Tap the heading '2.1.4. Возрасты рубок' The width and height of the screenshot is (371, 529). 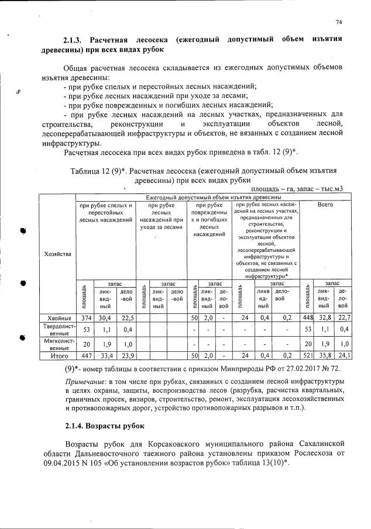[x=102, y=426]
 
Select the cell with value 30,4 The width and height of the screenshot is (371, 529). [x=106, y=317]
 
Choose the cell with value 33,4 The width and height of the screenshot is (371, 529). [x=106, y=355]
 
